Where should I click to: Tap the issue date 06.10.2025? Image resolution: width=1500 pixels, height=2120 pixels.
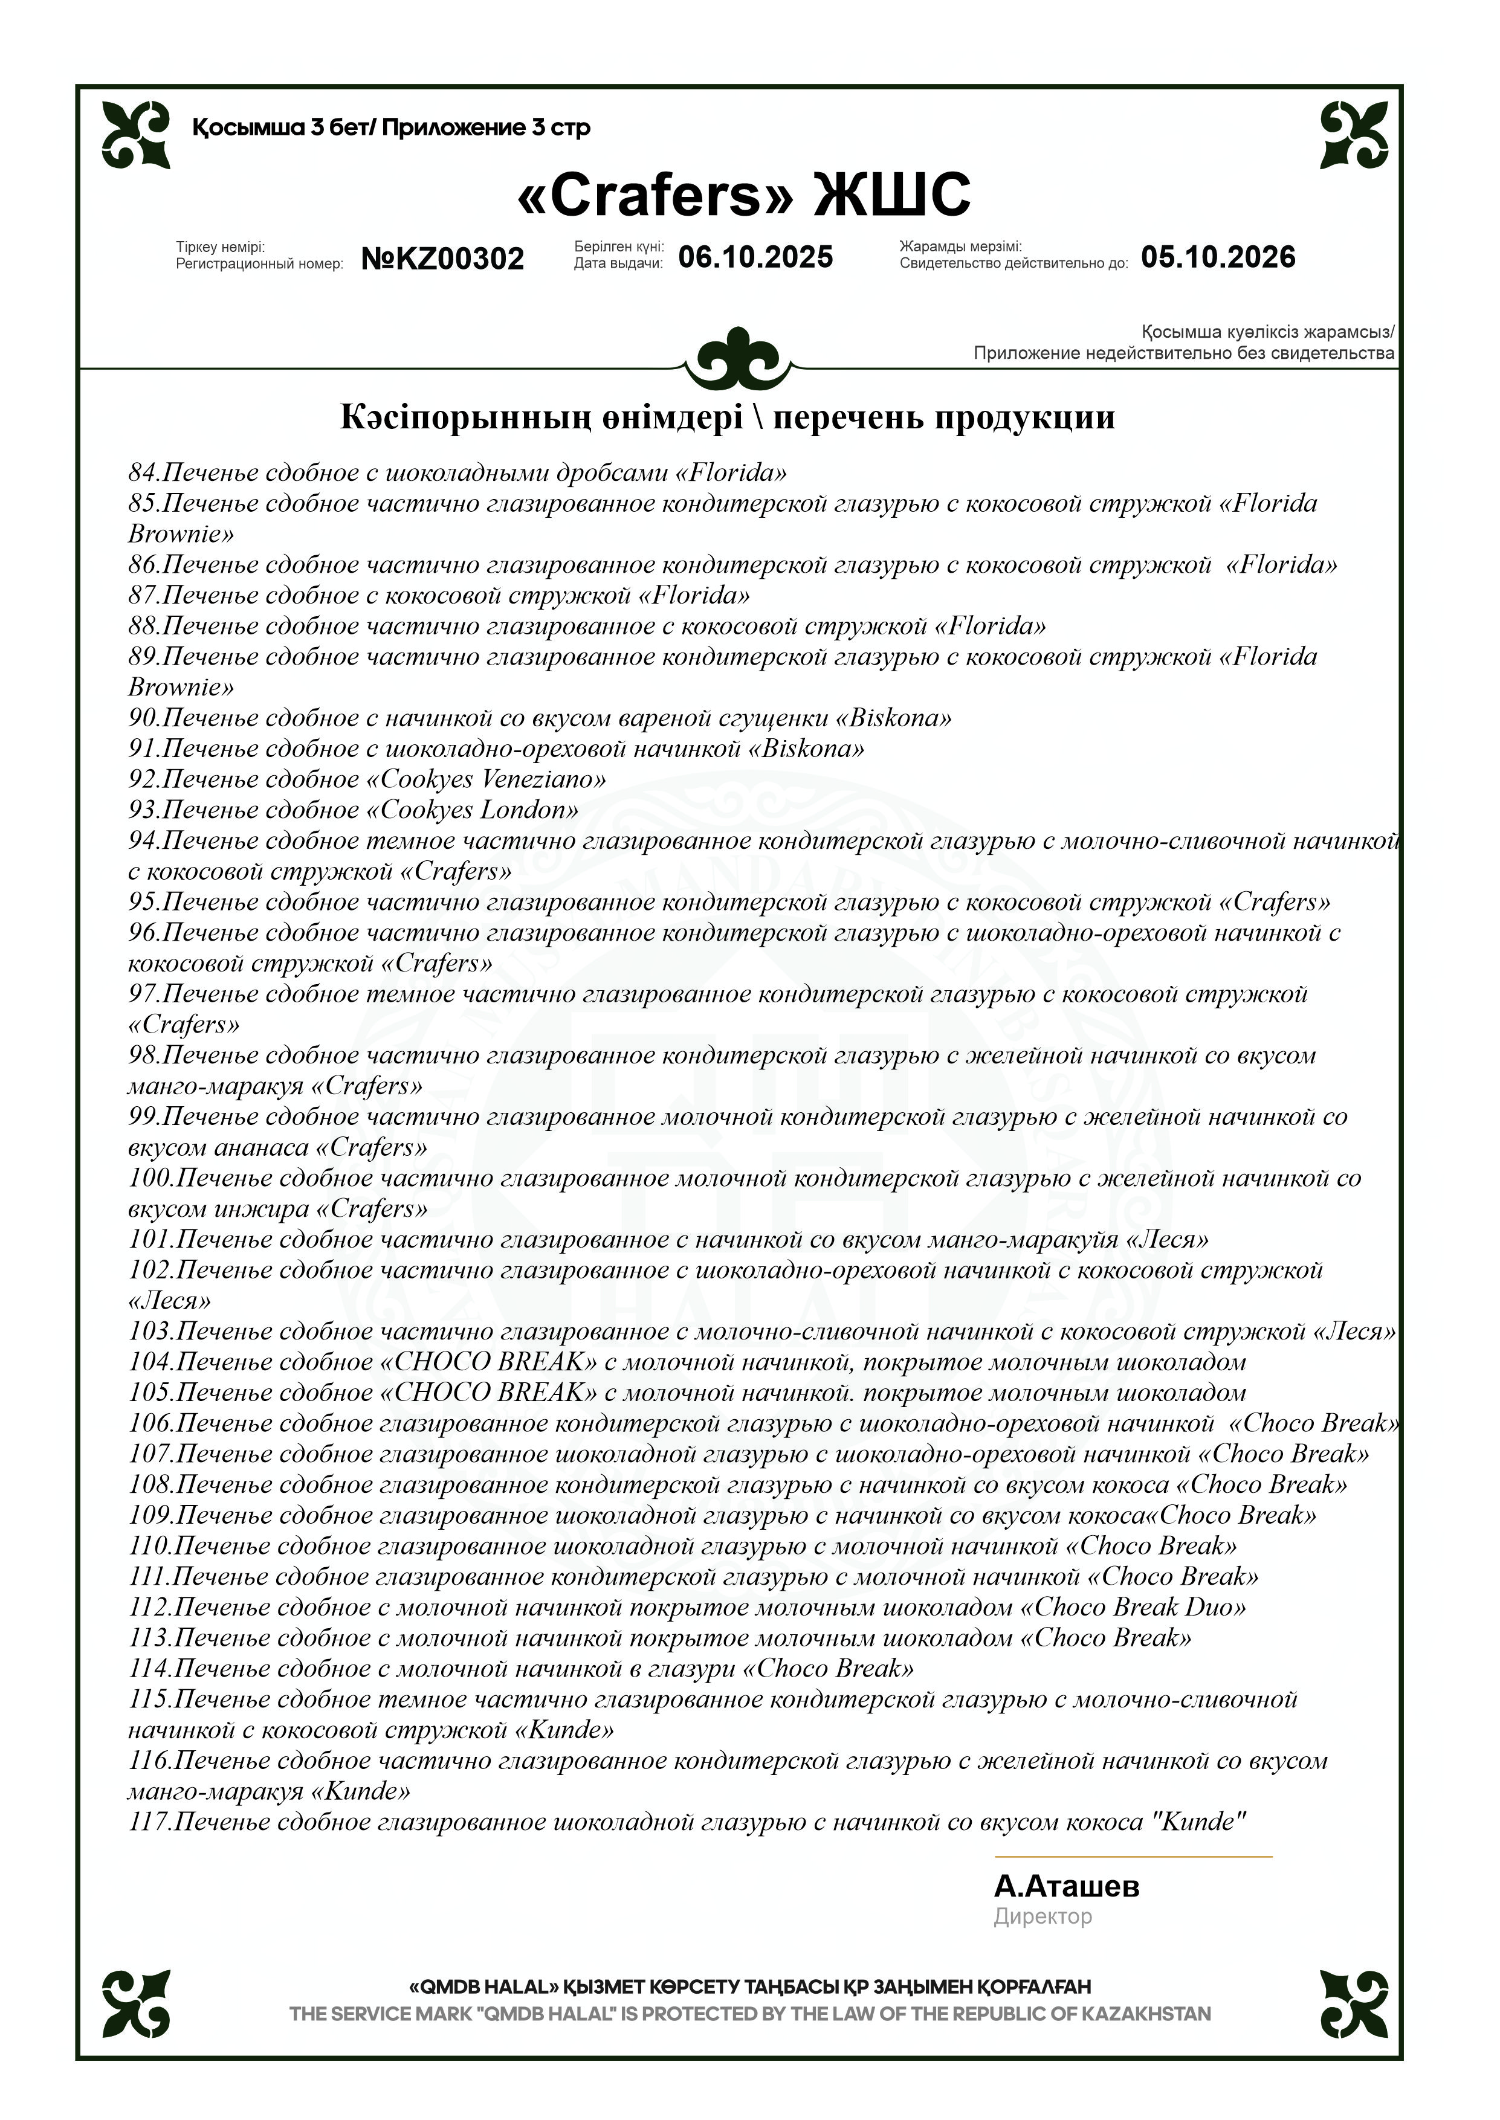tap(755, 257)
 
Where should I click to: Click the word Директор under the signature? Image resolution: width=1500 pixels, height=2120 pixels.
tap(1042, 1917)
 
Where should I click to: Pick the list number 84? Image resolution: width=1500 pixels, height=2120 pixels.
tap(143, 474)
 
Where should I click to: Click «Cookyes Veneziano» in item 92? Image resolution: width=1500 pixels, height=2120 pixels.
tap(486, 779)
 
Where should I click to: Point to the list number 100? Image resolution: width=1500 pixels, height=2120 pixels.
tap(150, 1179)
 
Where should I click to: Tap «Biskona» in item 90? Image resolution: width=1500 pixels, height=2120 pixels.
tap(893, 718)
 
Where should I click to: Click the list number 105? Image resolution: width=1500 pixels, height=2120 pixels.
tap(150, 1393)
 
